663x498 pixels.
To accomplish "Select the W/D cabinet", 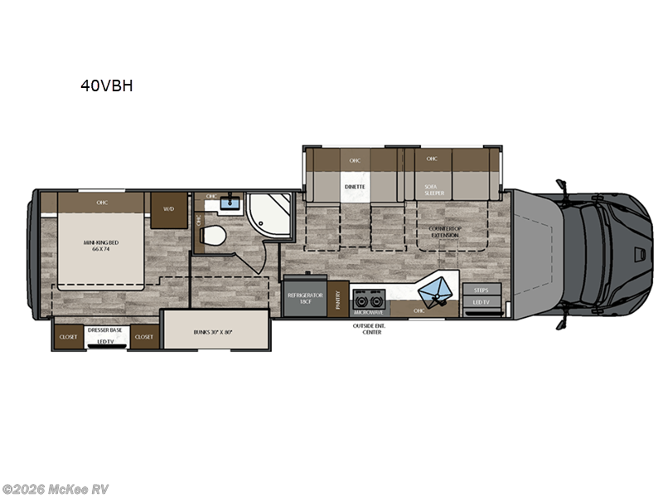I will tap(168, 209).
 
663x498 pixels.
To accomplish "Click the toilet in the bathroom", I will tap(213, 234).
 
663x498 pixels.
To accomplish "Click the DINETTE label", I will tap(355, 188).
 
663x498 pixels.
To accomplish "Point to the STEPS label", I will tap(481, 290).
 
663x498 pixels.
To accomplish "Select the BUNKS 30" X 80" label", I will tap(215, 331).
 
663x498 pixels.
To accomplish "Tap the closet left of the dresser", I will tap(68, 338).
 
